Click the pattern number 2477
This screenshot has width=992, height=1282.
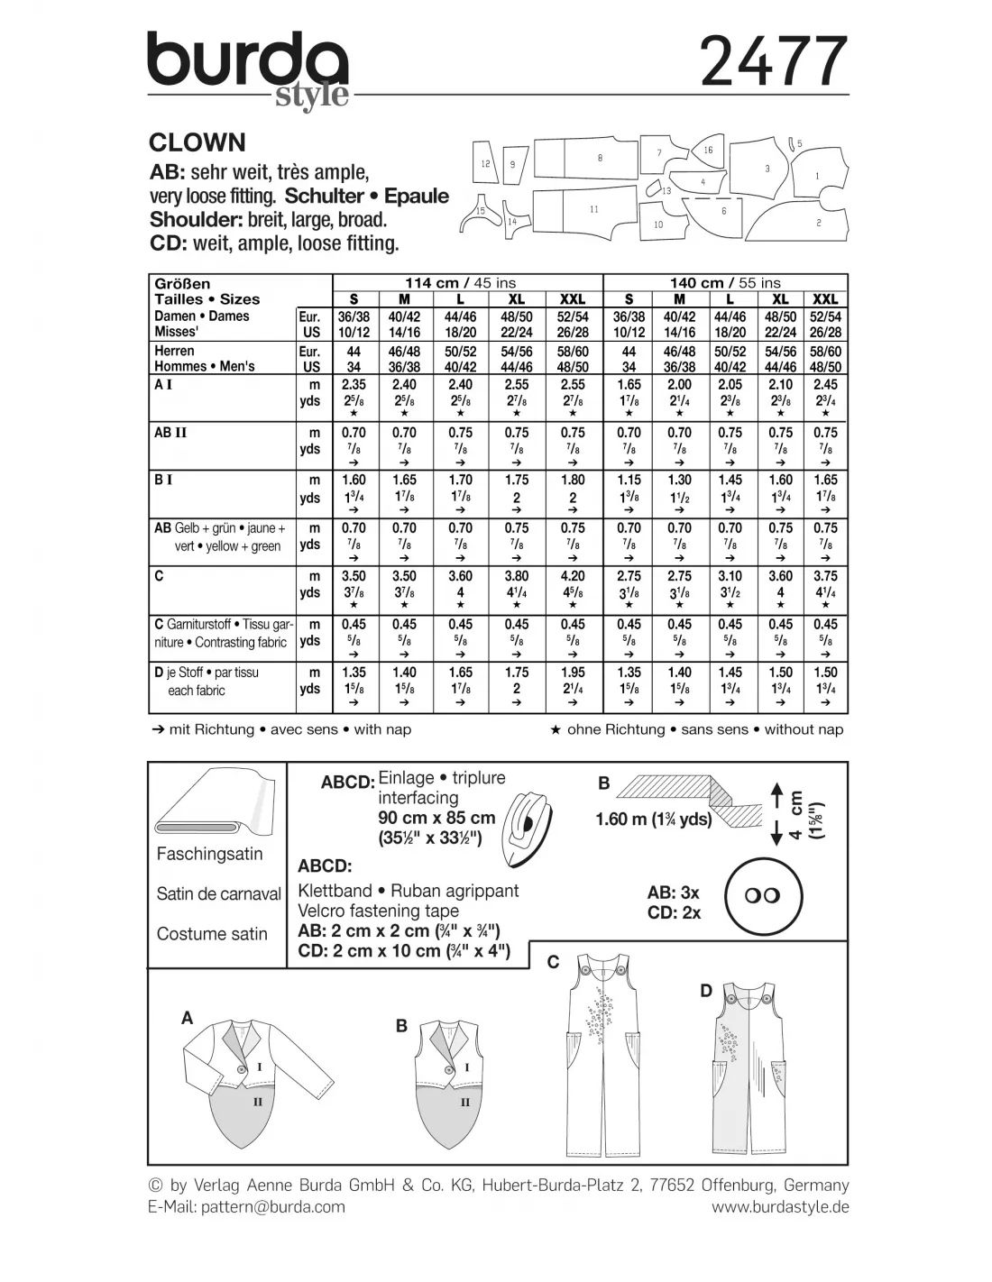pyautogui.click(x=773, y=62)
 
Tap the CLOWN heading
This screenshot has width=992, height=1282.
pyautogui.click(x=197, y=142)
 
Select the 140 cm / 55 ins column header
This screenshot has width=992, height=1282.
pyautogui.click(x=725, y=283)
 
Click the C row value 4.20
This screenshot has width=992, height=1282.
pyautogui.click(x=573, y=576)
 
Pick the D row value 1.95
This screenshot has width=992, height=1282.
pyautogui.click(x=573, y=673)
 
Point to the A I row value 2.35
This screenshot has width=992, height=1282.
pyautogui.click(x=354, y=385)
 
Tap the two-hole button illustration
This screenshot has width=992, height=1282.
pyautogui.click(x=763, y=896)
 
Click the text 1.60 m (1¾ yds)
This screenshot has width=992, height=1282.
pyautogui.click(x=654, y=820)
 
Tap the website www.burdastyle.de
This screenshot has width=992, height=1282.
pyautogui.click(x=780, y=1206)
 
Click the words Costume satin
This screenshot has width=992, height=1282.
pyautogui.click(x=212, y=934)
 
